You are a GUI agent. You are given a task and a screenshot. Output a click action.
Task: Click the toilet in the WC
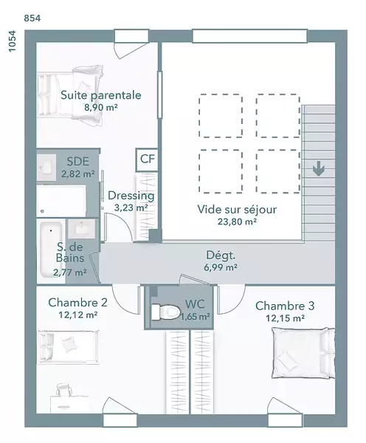pos(165,312)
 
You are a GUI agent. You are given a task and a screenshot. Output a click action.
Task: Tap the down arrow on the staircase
pos(319,168)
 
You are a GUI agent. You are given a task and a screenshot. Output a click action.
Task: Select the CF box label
pos(148,159)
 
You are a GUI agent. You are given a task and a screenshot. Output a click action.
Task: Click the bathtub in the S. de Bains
pos(52,250)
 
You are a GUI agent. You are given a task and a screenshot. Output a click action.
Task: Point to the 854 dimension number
pos(32,18)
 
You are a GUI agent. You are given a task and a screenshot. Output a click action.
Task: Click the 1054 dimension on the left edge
pos(12,41)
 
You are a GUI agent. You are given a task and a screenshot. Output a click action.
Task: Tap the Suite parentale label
pos(101,95)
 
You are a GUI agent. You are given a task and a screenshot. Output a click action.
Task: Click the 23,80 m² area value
pos(237,221)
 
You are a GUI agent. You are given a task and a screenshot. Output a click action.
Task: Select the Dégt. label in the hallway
pos(221,255)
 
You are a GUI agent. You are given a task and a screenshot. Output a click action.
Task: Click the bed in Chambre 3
pos(303,353)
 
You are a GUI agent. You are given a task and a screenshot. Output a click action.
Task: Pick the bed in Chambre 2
pos(69,347)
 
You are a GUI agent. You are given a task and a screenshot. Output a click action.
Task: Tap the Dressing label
pos(131,196)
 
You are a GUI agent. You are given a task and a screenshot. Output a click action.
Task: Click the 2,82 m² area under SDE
pos(78,174)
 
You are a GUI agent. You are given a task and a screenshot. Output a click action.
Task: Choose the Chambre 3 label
pos(285,306)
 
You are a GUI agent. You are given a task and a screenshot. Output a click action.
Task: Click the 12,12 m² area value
pos(78,315)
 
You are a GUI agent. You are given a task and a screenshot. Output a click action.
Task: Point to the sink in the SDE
pos(46,167)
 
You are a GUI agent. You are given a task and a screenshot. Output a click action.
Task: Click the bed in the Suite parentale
pos(70,95)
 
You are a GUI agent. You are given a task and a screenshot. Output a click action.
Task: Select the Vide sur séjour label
pos(237,210)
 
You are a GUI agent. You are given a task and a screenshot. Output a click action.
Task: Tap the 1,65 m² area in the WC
pos(196,317)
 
